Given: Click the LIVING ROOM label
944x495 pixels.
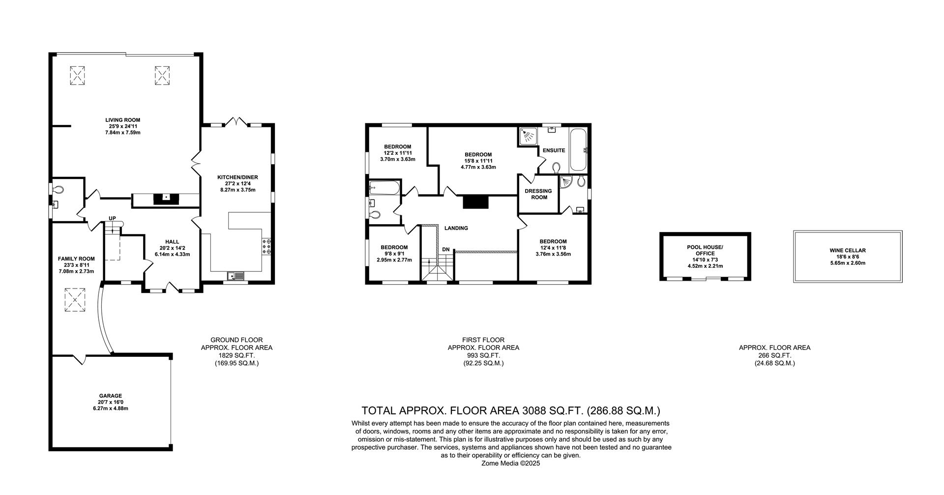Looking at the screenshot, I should [x=122, y=120].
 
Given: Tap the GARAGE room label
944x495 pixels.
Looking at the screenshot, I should [x=110, y=396].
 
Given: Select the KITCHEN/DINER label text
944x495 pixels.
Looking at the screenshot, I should [x=237, y=177].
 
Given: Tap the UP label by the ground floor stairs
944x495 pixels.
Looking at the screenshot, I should [x=112, y=218].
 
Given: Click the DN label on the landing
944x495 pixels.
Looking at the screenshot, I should [x=445, y=250].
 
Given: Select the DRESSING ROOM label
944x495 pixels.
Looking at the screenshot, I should [x=539, y=194].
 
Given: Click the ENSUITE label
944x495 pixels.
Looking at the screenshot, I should [x=554, y=150].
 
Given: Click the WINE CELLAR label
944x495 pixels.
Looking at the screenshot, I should [x=848, y=250].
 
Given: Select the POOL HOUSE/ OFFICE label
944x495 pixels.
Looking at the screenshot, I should [x=705, y=250].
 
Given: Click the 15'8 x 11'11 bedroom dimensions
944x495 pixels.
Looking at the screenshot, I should [x=478, y=161].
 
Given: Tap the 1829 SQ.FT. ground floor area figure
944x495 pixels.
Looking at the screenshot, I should [x=236, y=355].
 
